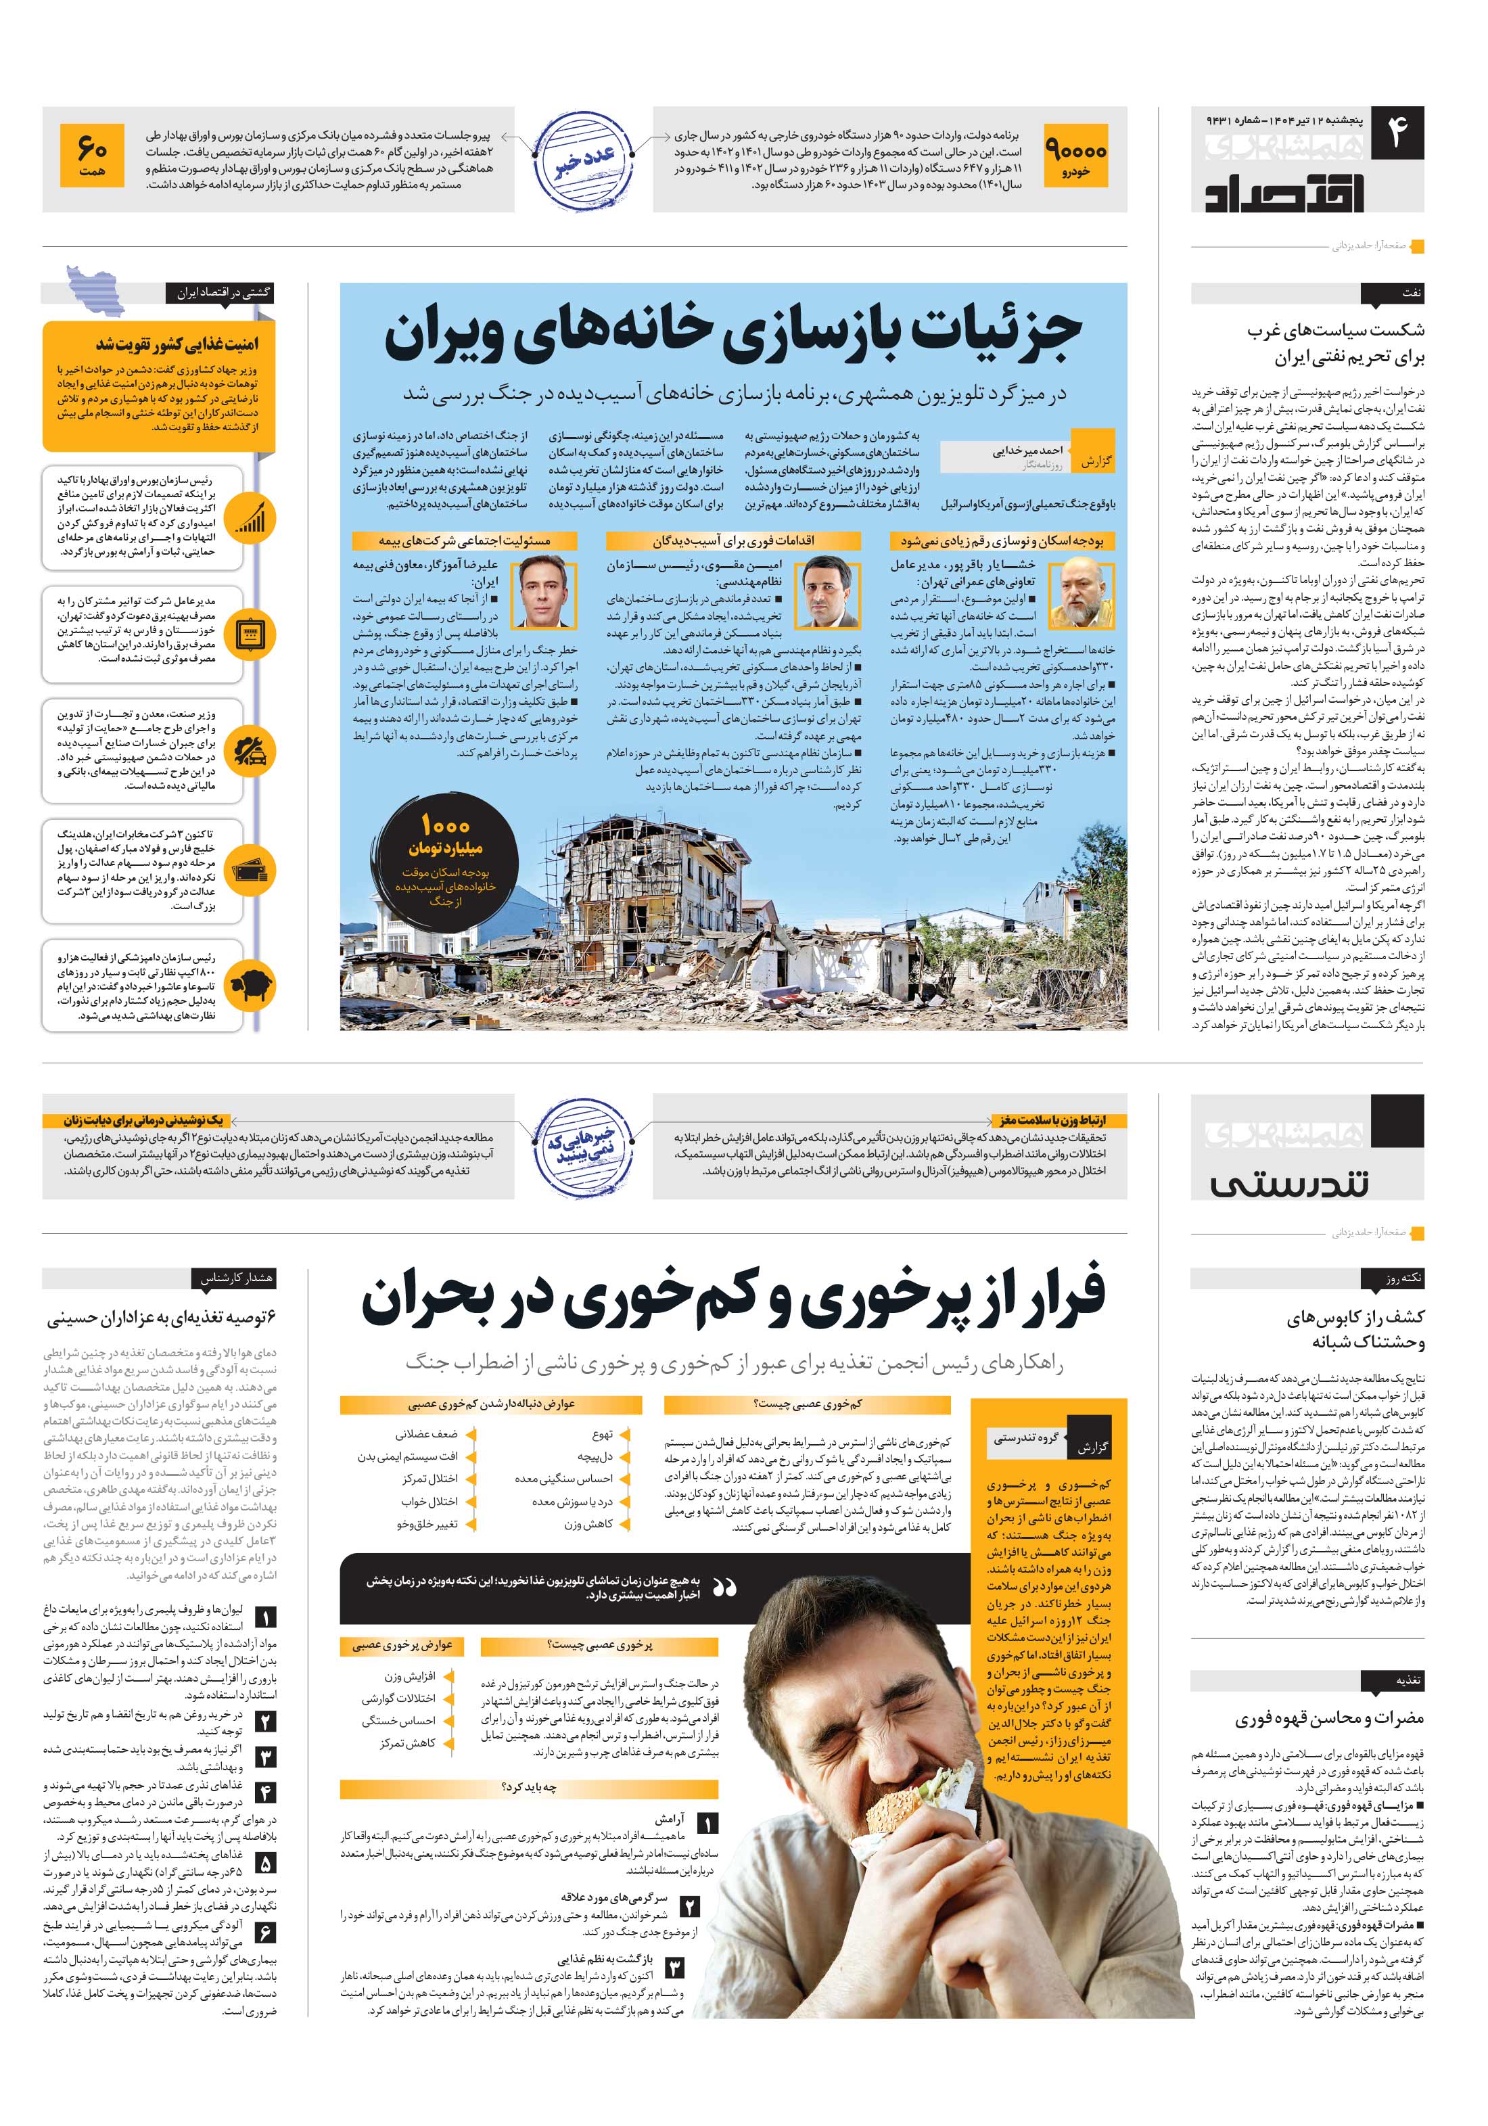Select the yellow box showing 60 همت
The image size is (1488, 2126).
92,156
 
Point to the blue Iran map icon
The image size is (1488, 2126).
95,292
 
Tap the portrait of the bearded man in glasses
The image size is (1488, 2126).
1082,593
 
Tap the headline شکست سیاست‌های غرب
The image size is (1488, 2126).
1335,331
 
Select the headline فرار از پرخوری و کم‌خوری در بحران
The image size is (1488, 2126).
733,1299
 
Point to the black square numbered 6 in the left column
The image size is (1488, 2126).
265,1933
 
